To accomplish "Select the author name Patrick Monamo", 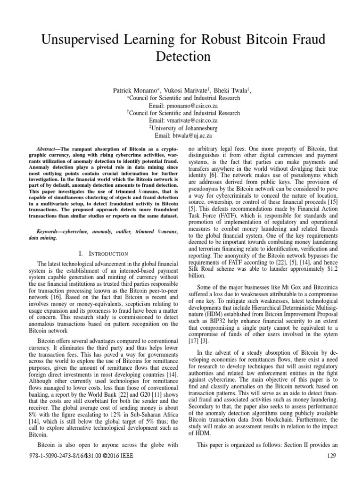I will click(135, 90).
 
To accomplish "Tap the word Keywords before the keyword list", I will click(50, 232).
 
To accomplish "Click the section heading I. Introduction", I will click(99, 254).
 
